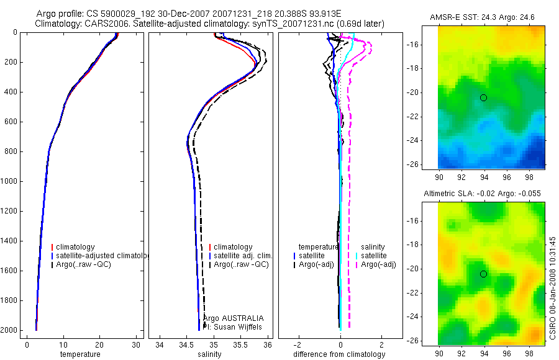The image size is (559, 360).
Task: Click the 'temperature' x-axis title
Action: pyautogui.click(x=80, y=354)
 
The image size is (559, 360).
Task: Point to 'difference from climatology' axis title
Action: pyautogui.click(x=340, y=354)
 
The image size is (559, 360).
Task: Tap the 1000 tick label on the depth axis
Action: pyautogui.click(x=9, y=181)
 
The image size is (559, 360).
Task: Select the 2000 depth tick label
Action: pyautogui.click(x=9, y=330)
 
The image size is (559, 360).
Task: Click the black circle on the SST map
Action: pyautogui.click(x=483, y=97)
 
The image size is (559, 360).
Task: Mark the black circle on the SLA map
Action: pyautogui.click(x=483, y=274)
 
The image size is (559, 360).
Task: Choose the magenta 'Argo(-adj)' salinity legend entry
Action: pyautogui.click(x=378, y=265)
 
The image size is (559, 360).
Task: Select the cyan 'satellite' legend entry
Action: pyautogui.click(x=374, y=256)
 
